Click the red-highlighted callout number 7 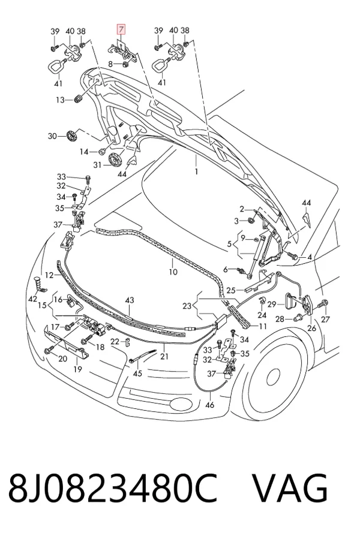point(121,29)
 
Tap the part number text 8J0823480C point(112,488)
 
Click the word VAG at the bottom point(290,488)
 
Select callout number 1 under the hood point(196,171)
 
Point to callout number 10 point(173,272)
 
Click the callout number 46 point(210,405)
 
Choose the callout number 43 point(130,300)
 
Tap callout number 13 point(60,100)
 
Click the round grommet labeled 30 point(72,135)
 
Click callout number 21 point(164,356)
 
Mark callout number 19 point(78,369)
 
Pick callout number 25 point(231,290)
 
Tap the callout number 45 point(137,374)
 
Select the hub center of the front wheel point(273,377)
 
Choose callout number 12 point(49,275)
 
